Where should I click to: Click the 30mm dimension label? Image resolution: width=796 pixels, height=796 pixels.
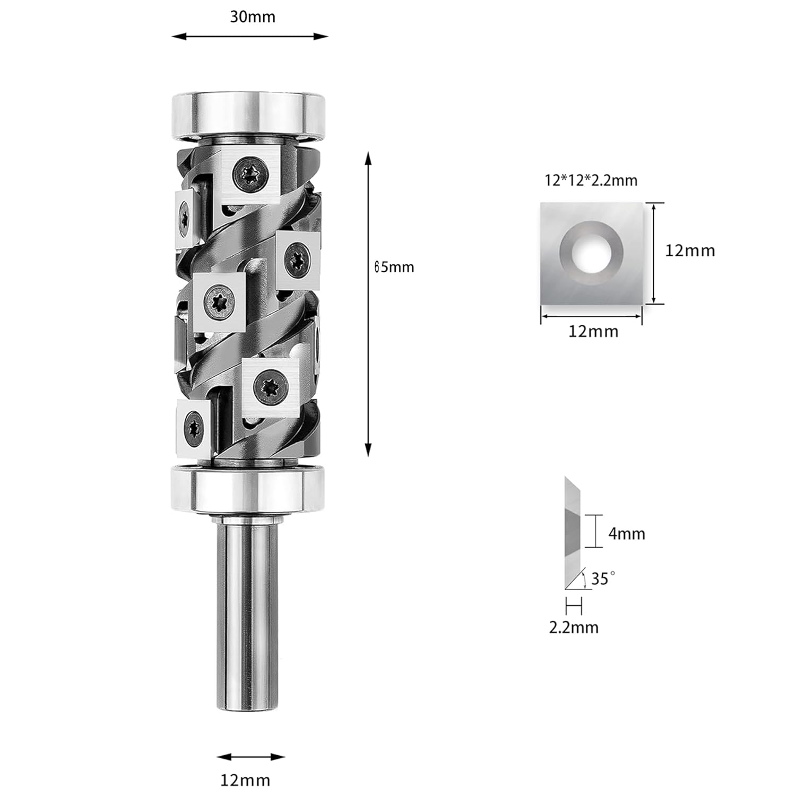click(x=252, y=17)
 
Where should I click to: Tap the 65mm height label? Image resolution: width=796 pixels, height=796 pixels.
click(x=394, y=267)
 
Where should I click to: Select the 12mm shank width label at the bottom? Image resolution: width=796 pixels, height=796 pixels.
click(x=245, y=780)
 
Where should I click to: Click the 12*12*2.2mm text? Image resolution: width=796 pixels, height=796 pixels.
click(x=591, y=180)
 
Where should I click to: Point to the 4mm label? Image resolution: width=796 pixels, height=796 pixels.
click(x=626, y=533)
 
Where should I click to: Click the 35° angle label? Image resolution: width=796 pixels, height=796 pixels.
click(x=603, y=578)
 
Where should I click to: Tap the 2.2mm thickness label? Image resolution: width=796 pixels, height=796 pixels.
click(x=573, y=627)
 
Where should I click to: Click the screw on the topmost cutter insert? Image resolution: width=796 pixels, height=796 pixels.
click(x=249, y=174)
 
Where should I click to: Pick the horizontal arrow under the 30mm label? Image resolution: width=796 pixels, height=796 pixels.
click(x=250, y=37)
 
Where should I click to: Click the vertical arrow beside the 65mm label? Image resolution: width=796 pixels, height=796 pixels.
click(x=368, y=304)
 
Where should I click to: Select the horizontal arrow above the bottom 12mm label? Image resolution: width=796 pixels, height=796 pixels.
click(x=251, y=757)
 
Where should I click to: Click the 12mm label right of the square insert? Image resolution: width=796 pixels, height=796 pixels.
click(x=690, y=250)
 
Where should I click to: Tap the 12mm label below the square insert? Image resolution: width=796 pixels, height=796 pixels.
click(x=593, y=331)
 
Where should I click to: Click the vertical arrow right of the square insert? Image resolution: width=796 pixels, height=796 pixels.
click(x=654, y=253)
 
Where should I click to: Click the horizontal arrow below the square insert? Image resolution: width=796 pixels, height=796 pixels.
click(x=591, y=316)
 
